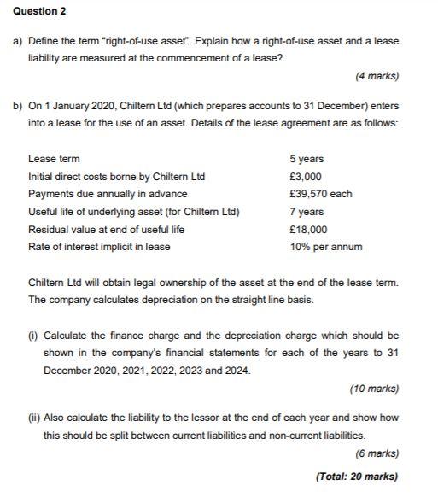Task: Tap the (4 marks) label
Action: tap(377, 77)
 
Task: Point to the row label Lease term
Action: tap(54, 159)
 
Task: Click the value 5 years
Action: tap(307, 159)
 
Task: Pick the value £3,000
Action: tap(306, 177)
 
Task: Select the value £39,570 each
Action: tap(320, 194)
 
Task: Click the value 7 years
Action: tap(307, 212)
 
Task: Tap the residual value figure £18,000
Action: tap(308, 230)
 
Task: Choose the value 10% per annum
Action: tap(325, 247)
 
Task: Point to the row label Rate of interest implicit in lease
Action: tap(99, 247)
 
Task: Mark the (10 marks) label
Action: tap(374, 389)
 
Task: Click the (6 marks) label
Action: tap(377, 453)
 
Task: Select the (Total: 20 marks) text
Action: tap(357, 477)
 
